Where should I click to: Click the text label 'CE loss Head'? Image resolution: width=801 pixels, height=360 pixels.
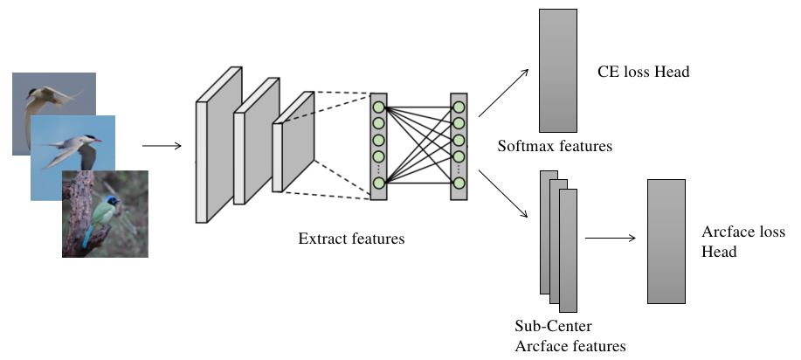click(643, 72)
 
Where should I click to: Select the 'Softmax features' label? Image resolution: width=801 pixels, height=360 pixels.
click(554, 145)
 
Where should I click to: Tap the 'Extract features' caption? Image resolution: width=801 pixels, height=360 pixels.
click(351, 238)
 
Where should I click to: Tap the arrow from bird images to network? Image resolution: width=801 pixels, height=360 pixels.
click(161, 146)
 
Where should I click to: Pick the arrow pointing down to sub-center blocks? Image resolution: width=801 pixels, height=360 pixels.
click(505, 195)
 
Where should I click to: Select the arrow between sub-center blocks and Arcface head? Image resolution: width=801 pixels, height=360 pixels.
click(610, 237)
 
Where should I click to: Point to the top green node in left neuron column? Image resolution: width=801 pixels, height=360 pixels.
click(378, 107)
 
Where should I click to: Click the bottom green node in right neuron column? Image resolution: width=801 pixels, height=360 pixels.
click(459, 183)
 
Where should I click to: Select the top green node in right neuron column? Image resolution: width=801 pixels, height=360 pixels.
click(459, 107)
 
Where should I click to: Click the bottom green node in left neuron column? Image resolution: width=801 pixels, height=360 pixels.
click(378, 183)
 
